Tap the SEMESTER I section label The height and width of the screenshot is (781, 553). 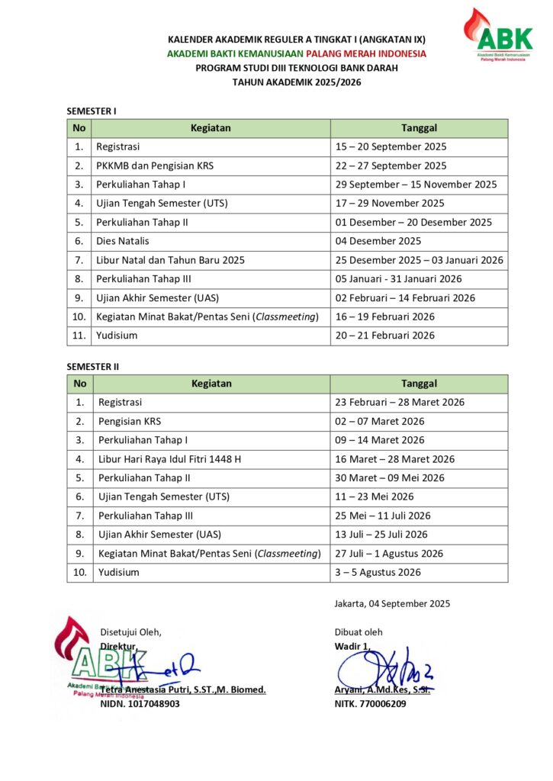tap(92, 111)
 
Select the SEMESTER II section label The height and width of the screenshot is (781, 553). tap(93, 367)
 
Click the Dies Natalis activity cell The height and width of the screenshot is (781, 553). tap(121, 241)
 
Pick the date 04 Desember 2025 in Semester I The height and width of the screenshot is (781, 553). tap(378, 241)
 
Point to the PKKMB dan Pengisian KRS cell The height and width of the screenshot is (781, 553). tap(154, 166)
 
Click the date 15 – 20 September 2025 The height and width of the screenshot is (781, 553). tap(391, 146)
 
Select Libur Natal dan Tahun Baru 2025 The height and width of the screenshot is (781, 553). tap(170, 260)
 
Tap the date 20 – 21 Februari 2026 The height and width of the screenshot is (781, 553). tap(384, 336)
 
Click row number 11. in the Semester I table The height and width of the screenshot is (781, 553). tap(79, 336)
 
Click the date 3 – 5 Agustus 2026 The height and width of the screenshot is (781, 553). tap(378, 572)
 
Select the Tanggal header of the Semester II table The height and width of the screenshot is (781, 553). tap(419, 384)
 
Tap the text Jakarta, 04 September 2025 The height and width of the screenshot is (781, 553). tap(392, 603)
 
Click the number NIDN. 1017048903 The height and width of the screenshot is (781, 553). tap(140, 704)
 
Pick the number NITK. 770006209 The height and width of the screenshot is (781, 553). tap(370, 704)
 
